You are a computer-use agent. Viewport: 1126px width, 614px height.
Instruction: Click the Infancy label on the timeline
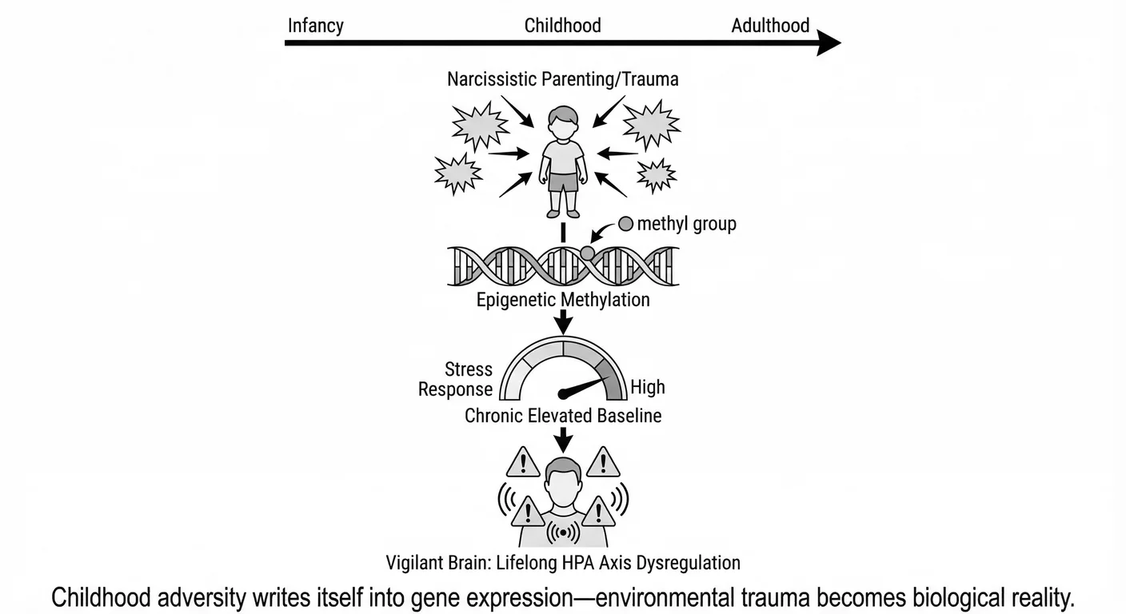(x=315, y=25)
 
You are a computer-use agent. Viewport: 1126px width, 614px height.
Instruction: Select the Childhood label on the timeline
(x=562, y=25)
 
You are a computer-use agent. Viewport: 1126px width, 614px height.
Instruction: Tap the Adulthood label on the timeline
(x=770, y=25)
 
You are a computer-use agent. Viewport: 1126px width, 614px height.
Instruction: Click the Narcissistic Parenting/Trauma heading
(x=562, y=79)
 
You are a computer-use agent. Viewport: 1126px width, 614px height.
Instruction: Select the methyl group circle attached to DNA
(x=588, y=253)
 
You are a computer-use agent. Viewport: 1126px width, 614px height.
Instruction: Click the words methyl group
(x=686, y=224)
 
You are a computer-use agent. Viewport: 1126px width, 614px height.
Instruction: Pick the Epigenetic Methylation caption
(x=562, y=300)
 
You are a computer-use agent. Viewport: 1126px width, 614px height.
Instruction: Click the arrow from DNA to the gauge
(x=563, y=321)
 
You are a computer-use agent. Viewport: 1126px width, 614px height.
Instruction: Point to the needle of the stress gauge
(x=584, y=386)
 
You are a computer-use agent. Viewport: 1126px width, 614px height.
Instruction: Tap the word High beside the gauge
(x=647, y=388)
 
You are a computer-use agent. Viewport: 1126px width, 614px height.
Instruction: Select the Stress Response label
(x=457, y=379)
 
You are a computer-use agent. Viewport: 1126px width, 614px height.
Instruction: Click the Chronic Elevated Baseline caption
(x=563, y=416)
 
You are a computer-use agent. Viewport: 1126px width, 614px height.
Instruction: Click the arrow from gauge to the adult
(x=563, y=438)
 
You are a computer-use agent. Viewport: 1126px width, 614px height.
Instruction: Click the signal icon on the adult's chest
(x=563, y=532)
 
